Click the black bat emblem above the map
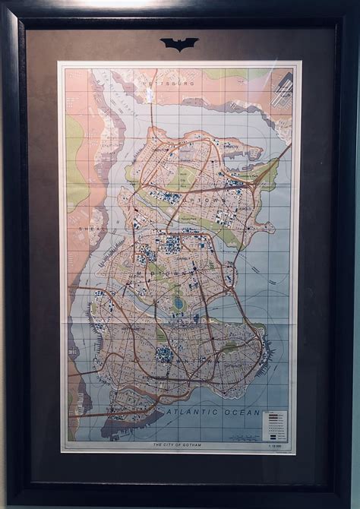pyautogui.click(x=179, y=44)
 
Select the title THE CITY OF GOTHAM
pyautogui.click(x=179, y=444)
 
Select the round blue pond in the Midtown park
pyautogui.click(x=178, y=302)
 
